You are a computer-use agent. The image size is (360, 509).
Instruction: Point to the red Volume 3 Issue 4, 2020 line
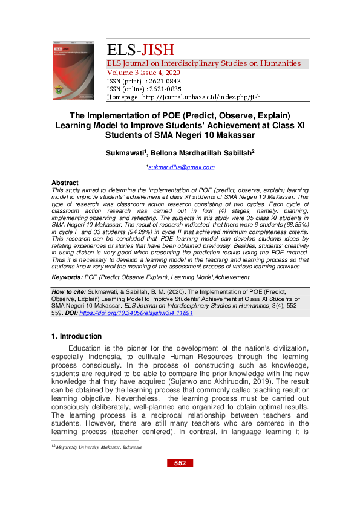tap(146, 73)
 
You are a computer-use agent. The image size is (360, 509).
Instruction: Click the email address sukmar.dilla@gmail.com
tap(182, 167)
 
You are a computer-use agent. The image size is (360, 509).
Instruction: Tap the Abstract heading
tap(65, 183)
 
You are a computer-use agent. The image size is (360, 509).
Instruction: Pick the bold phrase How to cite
tap(69, 291)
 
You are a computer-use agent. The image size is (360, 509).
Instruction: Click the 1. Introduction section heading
tap(77, 336)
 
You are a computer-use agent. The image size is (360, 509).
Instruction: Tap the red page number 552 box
tap(180, 463)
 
